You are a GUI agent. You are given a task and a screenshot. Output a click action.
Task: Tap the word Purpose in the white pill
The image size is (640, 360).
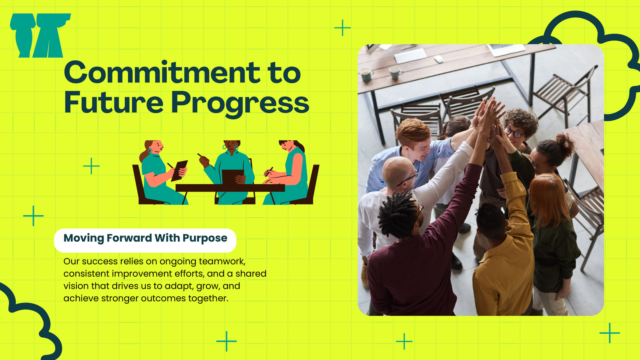[x=205, y=238]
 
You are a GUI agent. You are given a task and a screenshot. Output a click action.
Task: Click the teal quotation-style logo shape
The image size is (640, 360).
[x=40, y=36]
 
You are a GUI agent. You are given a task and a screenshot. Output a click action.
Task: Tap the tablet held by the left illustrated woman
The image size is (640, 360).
[x=180, y=170]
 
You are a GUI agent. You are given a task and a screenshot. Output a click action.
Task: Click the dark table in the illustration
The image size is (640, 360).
[x=230, y=188]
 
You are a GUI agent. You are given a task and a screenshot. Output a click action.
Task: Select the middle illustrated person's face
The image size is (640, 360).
[x=230, y=145]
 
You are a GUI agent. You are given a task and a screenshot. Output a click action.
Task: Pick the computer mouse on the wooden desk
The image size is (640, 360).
[x=438, y=59]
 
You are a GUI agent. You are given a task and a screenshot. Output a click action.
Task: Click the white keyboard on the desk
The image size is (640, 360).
[x=410, y=56]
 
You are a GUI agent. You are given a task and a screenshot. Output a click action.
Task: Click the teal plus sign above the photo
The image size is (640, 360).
[x=342, y=28]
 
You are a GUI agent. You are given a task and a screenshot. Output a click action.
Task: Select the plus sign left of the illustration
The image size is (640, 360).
[x=91, y=166]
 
